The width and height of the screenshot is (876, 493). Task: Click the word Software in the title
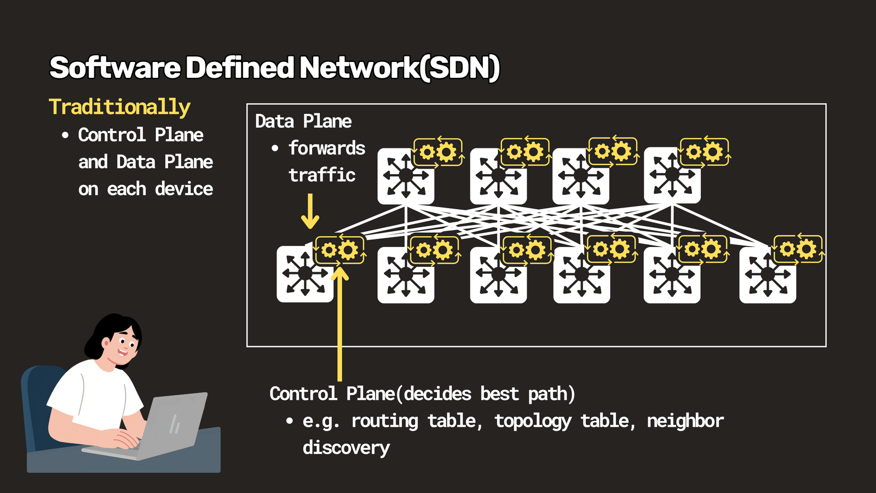click(116, 68)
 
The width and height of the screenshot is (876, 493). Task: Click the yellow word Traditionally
click(120, 107)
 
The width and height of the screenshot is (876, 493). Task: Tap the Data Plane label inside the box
click(303, 121)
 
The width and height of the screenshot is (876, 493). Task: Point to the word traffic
click(322, 175)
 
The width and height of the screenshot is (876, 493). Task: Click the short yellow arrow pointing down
click(310, 211)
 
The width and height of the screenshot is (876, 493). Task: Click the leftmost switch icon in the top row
click(406, 176)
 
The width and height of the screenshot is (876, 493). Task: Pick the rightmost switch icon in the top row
click(672, 175)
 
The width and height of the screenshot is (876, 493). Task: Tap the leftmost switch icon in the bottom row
click(305, 274)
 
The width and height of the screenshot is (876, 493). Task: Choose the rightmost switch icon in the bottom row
click(768, 274)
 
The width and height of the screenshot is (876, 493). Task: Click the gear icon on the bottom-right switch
click(798, 249)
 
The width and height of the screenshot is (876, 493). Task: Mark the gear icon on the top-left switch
click(438, 152)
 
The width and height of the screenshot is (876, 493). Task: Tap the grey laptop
click(157, 427)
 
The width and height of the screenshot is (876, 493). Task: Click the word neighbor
click(685, 421)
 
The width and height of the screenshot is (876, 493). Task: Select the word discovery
click(346, 448)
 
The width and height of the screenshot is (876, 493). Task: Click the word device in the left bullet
click(184, 189)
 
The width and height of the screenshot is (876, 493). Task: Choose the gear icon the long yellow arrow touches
click(339, 250)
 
